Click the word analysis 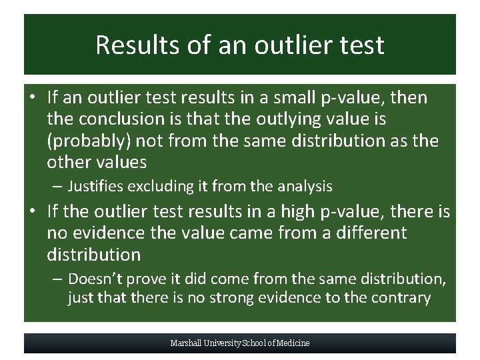[303, 187]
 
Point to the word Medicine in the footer [291, 343]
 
